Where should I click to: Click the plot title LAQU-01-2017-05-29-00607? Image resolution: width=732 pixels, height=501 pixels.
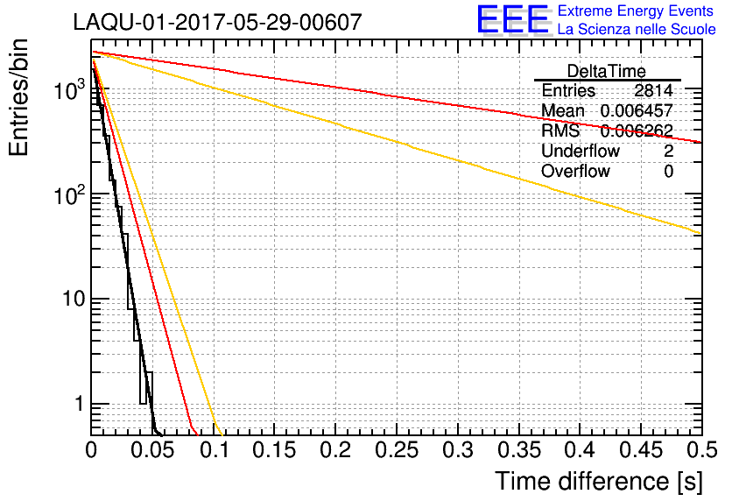(x=217, y=22)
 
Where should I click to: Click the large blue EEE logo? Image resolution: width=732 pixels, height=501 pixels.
(x=513, y=19)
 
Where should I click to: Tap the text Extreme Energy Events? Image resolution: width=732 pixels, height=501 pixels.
(x=637, y=11)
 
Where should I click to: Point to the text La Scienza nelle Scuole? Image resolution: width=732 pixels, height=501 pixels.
(x=637, y=30)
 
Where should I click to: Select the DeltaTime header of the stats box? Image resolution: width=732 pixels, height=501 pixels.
(x=606, y=71)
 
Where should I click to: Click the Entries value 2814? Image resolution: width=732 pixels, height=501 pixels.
(x=653, y=91)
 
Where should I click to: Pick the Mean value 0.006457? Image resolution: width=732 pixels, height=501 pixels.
(x=636, y=111)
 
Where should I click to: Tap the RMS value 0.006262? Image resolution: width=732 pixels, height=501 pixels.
(x=636, y=131)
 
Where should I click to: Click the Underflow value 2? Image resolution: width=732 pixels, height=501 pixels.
(x=668, y=152)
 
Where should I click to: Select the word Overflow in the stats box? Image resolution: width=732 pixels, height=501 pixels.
(x=575, y=172)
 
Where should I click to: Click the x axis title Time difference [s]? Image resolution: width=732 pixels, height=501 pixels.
(x=598, y=481)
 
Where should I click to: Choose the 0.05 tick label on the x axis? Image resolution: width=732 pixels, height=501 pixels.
(x=152, y=451)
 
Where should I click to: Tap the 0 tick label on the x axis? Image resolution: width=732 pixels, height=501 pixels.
(x=92, y=451)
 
